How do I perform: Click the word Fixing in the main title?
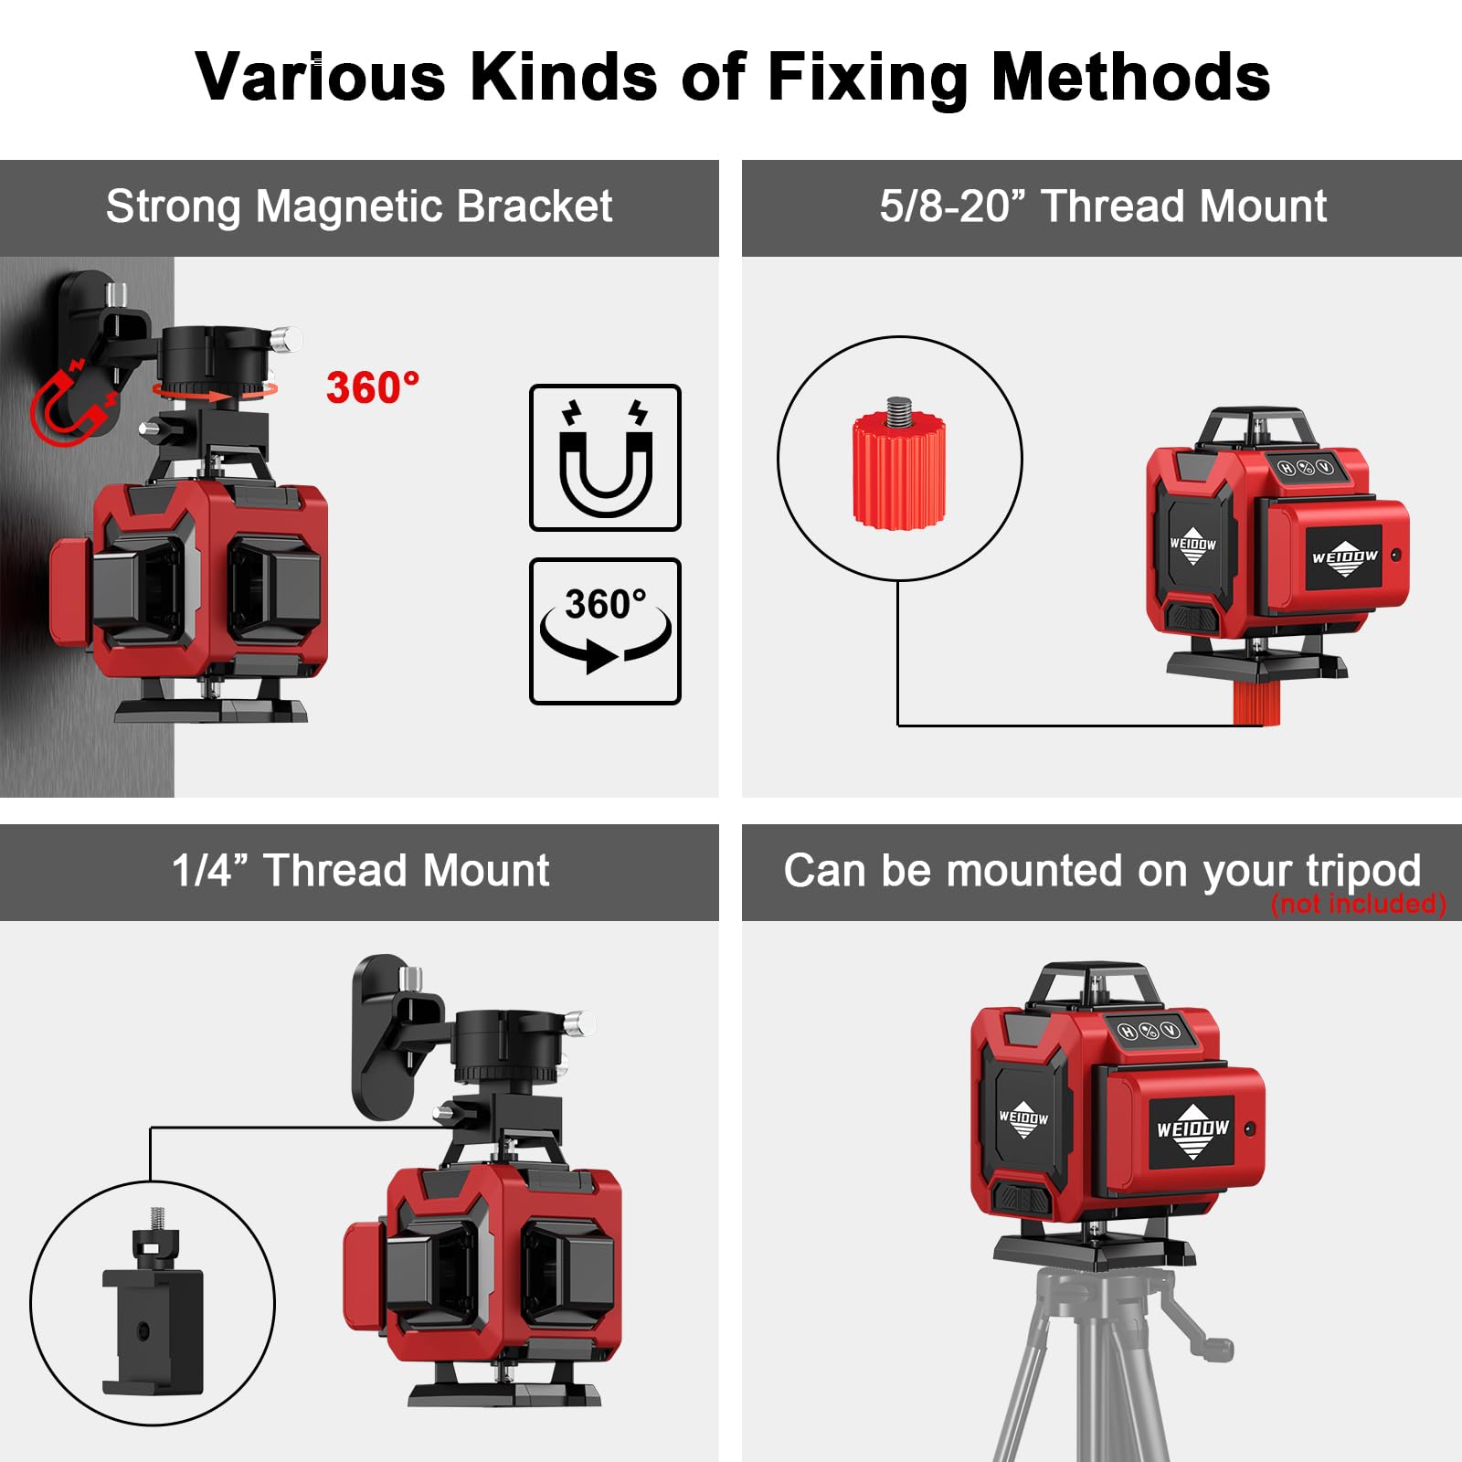pos(866,77)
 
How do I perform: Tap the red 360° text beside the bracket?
pos(373,388)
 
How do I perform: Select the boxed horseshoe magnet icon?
pos(605,458)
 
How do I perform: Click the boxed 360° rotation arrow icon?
pos(605,630)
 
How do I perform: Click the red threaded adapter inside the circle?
pos(899,468)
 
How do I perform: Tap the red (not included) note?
pos(1358,904)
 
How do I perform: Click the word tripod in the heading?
pos(1363,871)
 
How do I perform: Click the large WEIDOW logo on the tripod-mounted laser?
pos(1192,1130)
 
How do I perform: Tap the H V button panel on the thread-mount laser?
pos(1305,468)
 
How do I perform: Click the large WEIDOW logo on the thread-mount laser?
pos(1344,557)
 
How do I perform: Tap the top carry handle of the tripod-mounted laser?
pos(1094,979)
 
